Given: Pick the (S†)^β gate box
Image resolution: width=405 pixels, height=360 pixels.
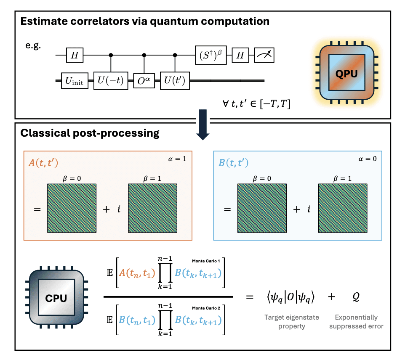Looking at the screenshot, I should (211, 55).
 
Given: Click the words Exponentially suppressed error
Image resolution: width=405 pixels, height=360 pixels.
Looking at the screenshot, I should (356, 322).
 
